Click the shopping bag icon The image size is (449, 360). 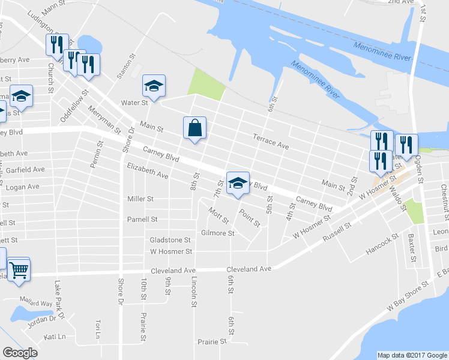tap(194, 128)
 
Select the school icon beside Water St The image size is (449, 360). tap(153, 87)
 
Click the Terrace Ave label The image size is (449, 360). tap(271, 142)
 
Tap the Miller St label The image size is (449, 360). tap(140, 199)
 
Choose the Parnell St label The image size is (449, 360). tap(142, 220)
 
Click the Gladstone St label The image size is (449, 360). tap(170, 240)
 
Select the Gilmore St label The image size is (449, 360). tap(217, 233)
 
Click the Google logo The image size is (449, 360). tap(20, 353)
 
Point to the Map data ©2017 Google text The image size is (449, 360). tap(412, 355)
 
